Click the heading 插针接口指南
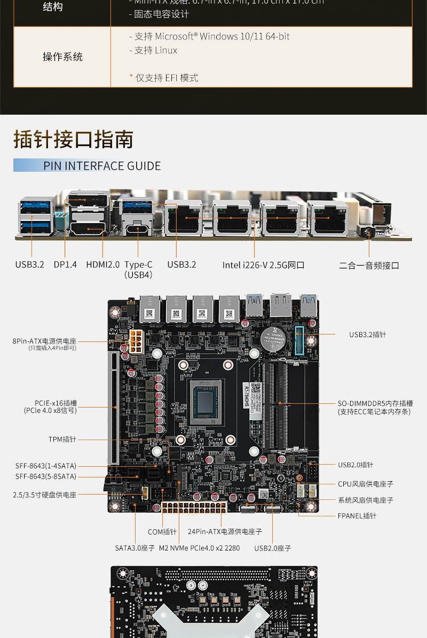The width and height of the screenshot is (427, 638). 73,139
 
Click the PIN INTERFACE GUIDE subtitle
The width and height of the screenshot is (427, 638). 101,166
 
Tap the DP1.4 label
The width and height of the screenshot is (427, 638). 65,265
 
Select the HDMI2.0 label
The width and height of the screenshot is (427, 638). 102,265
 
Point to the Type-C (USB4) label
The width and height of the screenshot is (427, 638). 138,269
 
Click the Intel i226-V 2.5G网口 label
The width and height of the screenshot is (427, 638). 263,265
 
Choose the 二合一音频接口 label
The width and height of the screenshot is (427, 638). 369,265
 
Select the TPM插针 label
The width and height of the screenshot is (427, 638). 62,439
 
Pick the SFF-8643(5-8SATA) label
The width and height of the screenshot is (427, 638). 46,476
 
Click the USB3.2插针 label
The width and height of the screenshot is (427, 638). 368,334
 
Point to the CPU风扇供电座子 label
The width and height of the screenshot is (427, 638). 366,484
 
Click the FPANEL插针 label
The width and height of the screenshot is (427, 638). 357,516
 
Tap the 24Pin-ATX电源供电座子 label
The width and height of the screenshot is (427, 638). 225,531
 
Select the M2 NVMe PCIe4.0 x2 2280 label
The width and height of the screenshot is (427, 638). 200,548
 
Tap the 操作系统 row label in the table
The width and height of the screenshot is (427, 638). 62,57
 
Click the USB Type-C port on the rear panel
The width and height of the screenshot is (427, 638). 138,230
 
